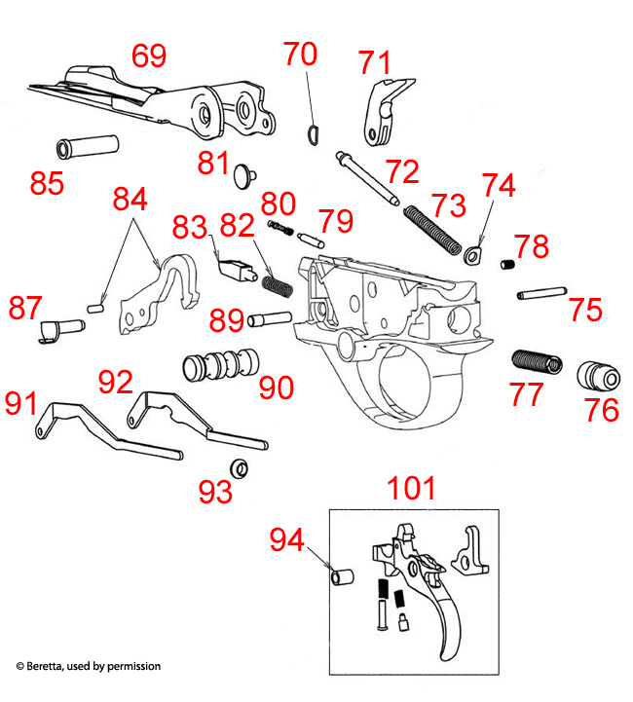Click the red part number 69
[x=149, y=55]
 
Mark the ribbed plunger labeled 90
[x=221, y=364]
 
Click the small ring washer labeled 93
[x=239, y=469]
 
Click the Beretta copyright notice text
[x=88, y=666]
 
